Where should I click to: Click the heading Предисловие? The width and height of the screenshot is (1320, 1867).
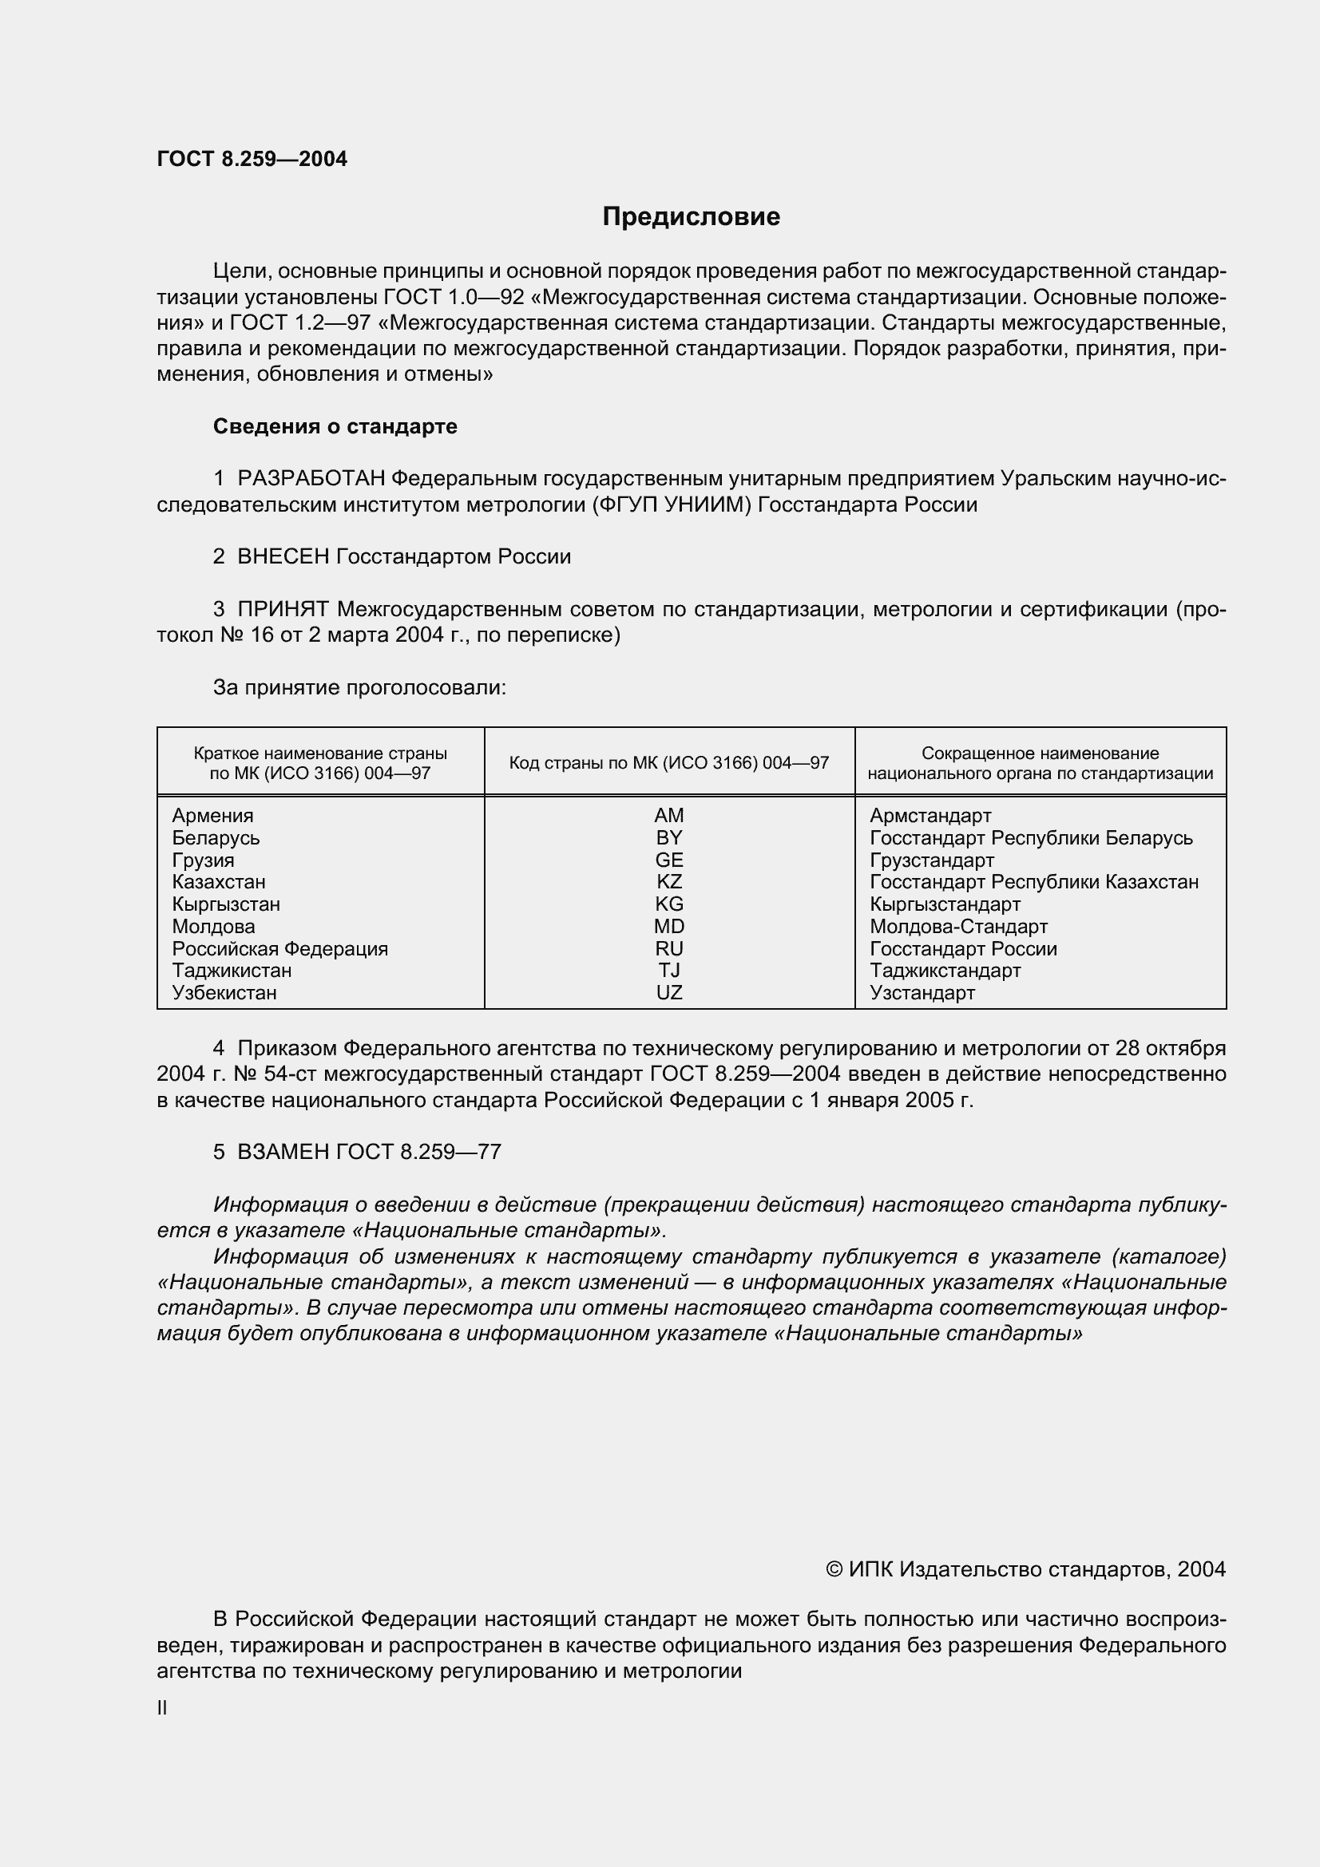[x=691, y=216]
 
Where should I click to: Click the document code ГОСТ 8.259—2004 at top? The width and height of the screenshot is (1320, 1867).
[x=252, y=160]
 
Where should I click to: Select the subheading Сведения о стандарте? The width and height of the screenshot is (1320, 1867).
[x=335, y=426]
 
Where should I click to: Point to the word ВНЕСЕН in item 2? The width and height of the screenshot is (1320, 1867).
[x=283, y=557]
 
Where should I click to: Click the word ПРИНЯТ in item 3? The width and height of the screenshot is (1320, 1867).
[x=283, y=609]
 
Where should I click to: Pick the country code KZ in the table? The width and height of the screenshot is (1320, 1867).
[x=668, y=882]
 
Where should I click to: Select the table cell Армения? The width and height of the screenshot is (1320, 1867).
[x=212, y=816]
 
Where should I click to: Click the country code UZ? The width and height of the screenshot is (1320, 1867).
[x=668, y=993]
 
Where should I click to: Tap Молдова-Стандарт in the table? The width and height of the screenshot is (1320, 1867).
[x=958, y=927]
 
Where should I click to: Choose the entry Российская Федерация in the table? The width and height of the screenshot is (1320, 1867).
[x=279, y=949]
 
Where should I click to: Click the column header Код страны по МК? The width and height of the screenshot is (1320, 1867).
[x=668, y=763]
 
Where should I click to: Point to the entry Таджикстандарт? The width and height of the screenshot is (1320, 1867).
[x=944, y=971]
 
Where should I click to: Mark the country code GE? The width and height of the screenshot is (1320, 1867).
[x=668, y=860]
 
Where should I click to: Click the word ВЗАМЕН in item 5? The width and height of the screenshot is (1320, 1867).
[x=283, y=1153]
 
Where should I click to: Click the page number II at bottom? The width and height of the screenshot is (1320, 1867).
[x=162, y=1708]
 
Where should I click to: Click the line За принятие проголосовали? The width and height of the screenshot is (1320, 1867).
[x=359, y=688]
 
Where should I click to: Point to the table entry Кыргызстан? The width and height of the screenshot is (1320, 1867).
[x=225, y=904]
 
